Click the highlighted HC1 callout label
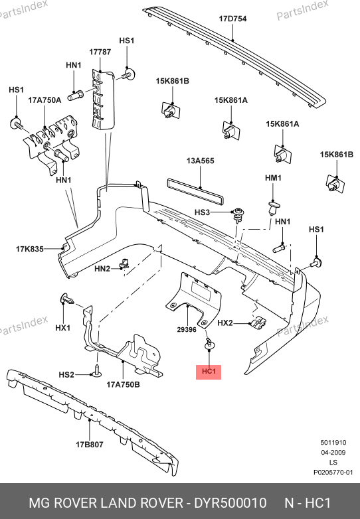209,372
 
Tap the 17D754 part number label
232,19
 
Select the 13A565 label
201,161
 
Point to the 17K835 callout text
29,249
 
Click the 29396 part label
187,330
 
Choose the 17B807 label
90,445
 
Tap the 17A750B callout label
123,385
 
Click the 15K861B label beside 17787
173,81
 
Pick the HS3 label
202,212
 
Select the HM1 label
273,178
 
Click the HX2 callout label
225,323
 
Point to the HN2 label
102,268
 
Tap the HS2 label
66,375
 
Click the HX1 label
63,328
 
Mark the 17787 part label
100,52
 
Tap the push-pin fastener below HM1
273,208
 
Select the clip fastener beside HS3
238,215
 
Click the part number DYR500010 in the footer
230,503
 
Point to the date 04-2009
333,453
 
